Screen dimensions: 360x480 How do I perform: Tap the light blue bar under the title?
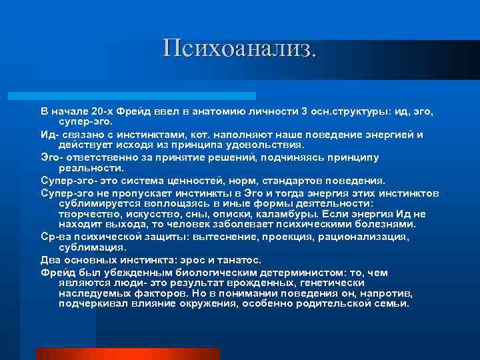(x=147, y=96)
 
